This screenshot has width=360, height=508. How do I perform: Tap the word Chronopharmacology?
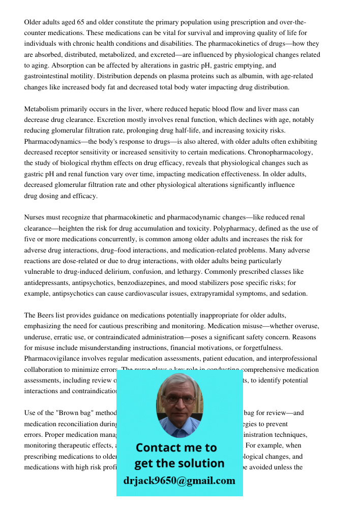(281, 152)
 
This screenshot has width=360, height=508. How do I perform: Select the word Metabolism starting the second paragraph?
(42, 109)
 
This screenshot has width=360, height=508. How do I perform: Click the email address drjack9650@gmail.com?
(179, 481)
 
